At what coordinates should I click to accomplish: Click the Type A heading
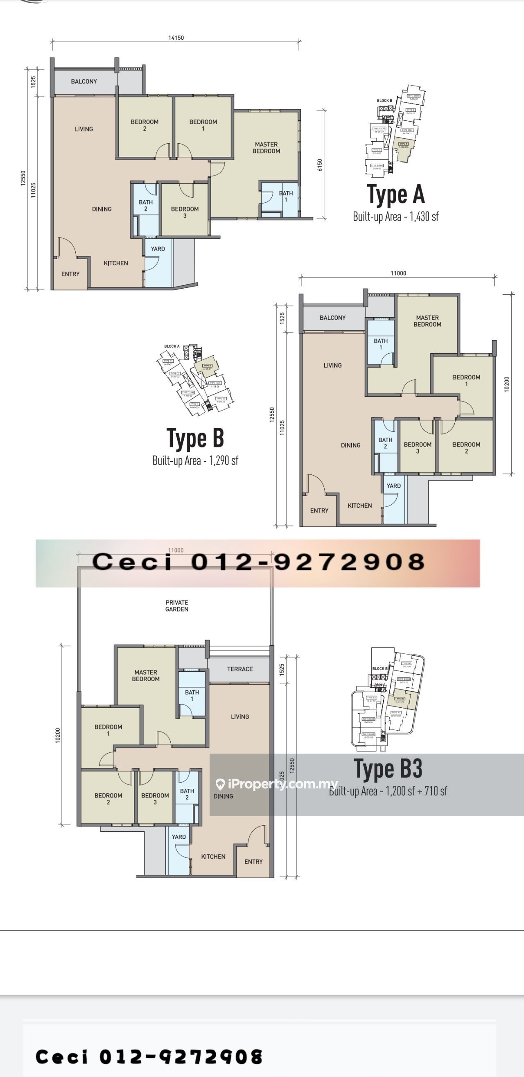tap(395, 195)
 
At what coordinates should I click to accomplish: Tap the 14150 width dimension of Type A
tap(176, 38)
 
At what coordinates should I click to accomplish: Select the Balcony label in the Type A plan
tap(84, 81)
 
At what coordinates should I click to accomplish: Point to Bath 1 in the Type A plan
tap(286, 196)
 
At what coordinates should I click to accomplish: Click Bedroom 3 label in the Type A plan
tap(185, 212)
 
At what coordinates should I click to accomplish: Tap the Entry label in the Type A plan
tap(70, 274)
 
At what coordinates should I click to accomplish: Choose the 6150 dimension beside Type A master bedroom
tap(319, 165)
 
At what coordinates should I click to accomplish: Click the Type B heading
tap(195, 438)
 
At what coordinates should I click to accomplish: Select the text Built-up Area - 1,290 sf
tap(195, 461)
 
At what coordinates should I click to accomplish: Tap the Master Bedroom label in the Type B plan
tap(427, 321)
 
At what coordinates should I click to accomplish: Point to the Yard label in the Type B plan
tap(393, 486)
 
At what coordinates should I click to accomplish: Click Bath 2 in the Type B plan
tap(385, 443)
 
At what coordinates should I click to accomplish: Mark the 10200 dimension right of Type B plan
tap(506, 384)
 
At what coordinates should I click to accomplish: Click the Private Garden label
tap(176, 606)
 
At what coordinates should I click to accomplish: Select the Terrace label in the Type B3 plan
tap(239, 669)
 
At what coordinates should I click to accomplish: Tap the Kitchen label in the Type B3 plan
tap(213, 857)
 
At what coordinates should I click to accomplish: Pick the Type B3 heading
tap(388, 769)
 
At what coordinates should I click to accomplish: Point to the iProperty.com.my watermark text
tap(278, 784)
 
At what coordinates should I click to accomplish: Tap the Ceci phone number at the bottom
tap(149, 1057)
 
